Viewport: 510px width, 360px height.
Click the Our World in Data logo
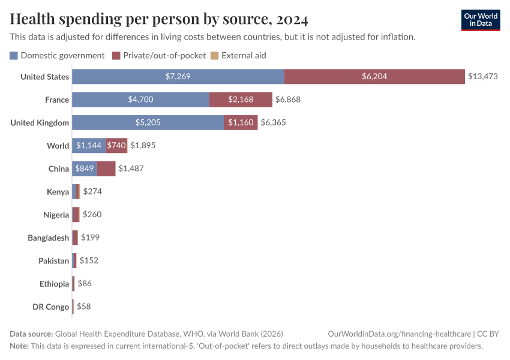481,20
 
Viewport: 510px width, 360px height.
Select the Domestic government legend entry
57,56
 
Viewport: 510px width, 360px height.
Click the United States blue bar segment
178,77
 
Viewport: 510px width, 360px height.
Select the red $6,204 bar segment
374,77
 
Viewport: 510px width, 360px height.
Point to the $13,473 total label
483,77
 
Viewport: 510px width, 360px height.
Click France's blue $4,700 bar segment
140,100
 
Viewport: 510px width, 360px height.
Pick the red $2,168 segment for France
241,100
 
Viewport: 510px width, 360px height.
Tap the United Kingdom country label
40,122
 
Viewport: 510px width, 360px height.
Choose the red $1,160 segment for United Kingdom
241,122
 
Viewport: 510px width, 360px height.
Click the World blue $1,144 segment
89,145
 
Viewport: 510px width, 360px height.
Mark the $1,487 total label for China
131,169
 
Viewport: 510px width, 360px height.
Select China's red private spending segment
106,169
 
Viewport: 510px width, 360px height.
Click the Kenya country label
58,192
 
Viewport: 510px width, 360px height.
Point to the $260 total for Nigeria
92,215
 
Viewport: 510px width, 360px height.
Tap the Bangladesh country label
48,238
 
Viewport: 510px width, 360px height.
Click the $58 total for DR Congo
83,307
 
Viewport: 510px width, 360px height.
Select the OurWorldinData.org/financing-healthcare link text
398,334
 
